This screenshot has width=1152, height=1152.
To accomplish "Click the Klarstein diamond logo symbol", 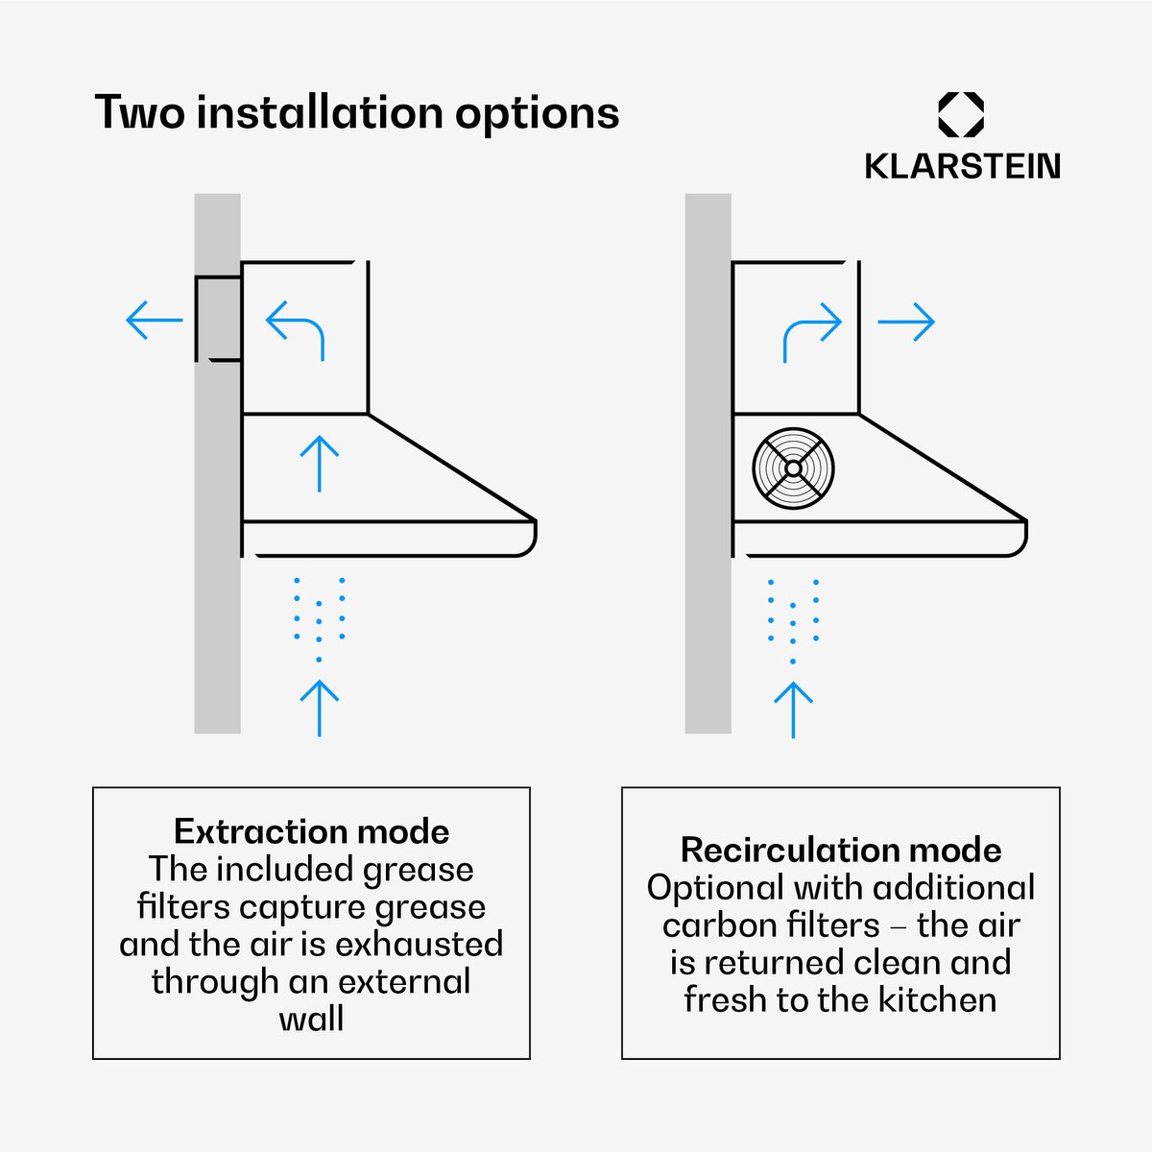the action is click(x=961, y=114).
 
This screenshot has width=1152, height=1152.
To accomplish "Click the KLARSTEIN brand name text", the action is click(x=962, y=166).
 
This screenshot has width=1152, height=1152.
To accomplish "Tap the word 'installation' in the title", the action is click(x=320, y=112).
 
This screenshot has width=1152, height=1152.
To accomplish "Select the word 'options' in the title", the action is click(x=537, y=115).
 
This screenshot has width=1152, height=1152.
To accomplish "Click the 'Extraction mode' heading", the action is click(x=311, y=831).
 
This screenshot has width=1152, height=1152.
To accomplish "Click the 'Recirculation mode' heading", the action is click(x=841, y=851).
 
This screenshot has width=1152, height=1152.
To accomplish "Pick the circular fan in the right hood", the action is click(x=793, y=468).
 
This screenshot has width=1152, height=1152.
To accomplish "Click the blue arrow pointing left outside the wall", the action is click(x=155, y=320).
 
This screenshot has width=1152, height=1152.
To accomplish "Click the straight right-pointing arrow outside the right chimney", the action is click(x=905, y=322).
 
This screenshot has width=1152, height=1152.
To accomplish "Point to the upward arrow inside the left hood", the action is click(x=320, y=464).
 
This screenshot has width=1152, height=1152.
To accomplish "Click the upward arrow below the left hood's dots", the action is click(x=320, y=708).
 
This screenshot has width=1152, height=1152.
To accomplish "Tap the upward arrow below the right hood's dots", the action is click(x=793, y=710).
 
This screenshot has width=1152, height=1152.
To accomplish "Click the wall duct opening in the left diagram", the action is click(x=218, y=320).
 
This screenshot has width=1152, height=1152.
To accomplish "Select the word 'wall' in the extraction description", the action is click(x=311, y=1020).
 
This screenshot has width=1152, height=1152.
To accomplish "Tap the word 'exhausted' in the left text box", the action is click(x=420, y=945).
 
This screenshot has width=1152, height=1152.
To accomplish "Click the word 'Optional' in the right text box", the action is click(x=715, y=889).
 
